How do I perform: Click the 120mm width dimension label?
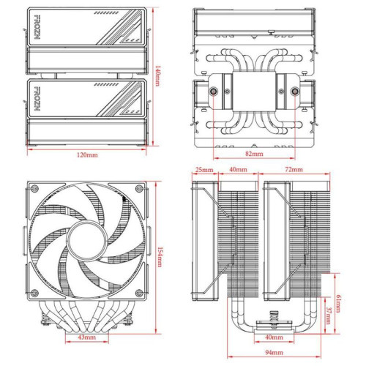pos(87,157)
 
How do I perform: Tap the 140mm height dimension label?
pos(158,75)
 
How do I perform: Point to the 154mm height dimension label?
pos(159,257)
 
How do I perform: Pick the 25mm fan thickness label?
pos(204,170)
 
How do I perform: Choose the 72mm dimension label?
pos(294,170)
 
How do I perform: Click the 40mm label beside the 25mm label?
pos(237,170)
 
